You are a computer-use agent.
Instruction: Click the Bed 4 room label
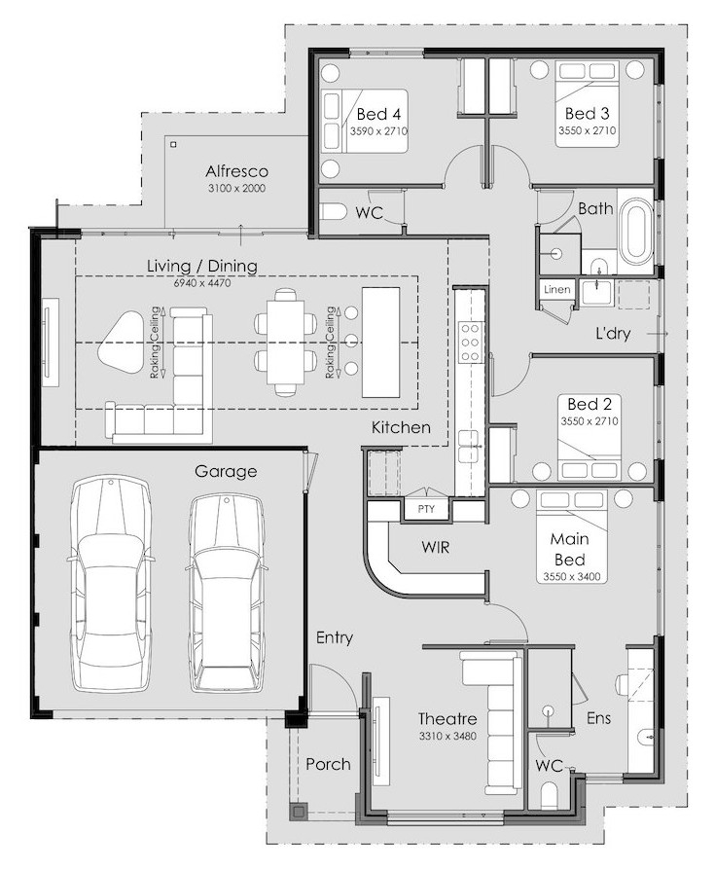(378, 114)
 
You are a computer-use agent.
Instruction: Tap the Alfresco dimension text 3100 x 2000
(236, 188)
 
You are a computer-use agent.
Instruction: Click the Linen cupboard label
(556, 289)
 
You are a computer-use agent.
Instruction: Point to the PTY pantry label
(426, 509)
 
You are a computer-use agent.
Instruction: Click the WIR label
(436, 547)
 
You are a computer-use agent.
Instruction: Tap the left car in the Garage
(110, 585)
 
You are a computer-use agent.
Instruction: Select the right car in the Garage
(227, 593)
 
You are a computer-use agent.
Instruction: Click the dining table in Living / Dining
(285, 342)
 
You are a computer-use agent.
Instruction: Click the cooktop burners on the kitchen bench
(469, 343)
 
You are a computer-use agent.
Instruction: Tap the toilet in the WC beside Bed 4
(334, 211)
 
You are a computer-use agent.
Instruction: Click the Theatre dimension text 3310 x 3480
(447, 737)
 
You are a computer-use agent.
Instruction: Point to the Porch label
(329, 764)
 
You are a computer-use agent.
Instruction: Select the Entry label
(335, 638)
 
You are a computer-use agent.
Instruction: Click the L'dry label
(613, 334)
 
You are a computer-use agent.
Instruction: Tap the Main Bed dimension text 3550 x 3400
(571, 576)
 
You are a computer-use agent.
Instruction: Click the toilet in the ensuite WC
(551, 795)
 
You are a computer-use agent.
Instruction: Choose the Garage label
(226, 472)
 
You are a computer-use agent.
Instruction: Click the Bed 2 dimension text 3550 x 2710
(590, 421)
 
